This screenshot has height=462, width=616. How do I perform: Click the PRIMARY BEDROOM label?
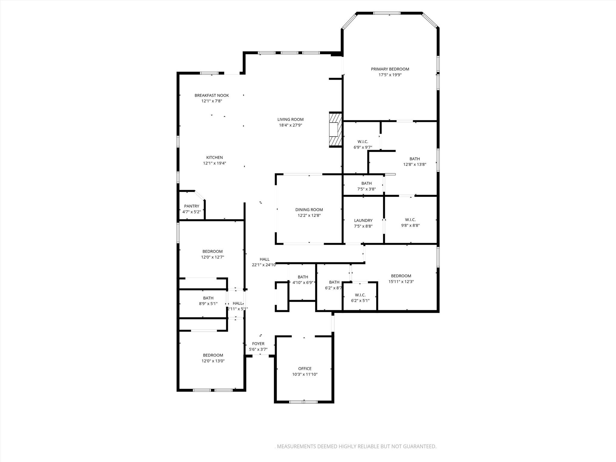tap(390, 69)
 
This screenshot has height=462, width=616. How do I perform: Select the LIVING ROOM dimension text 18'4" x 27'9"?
tap(290, 125)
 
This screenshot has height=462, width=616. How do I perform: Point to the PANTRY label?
tap(192, 206)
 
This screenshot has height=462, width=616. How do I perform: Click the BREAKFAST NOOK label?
tap(211, 95)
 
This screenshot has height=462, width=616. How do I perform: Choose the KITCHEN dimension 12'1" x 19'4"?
tap(214, 163)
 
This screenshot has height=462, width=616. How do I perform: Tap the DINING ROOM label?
tap(309, 210)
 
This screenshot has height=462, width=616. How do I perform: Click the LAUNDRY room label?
tap(363, 220)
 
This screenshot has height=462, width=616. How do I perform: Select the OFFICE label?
tap(305, 368)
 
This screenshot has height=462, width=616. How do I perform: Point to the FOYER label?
tap(258, 343)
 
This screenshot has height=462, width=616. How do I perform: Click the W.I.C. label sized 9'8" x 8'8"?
tap(410, 220)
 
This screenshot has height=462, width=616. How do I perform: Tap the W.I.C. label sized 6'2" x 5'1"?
tap(360, 295)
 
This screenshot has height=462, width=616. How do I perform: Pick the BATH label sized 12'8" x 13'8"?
tap(414, 159)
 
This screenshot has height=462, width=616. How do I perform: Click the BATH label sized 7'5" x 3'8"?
tap(366, 183)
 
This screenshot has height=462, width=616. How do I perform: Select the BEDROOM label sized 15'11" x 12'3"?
tap(401, 276)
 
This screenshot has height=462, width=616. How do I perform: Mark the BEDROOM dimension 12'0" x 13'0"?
tap(213, 361)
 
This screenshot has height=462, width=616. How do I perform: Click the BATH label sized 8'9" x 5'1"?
tap(208, 298)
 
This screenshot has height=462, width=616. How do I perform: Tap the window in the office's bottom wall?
tap(303, 402)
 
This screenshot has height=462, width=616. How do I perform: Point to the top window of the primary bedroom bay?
tap(387, 13)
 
